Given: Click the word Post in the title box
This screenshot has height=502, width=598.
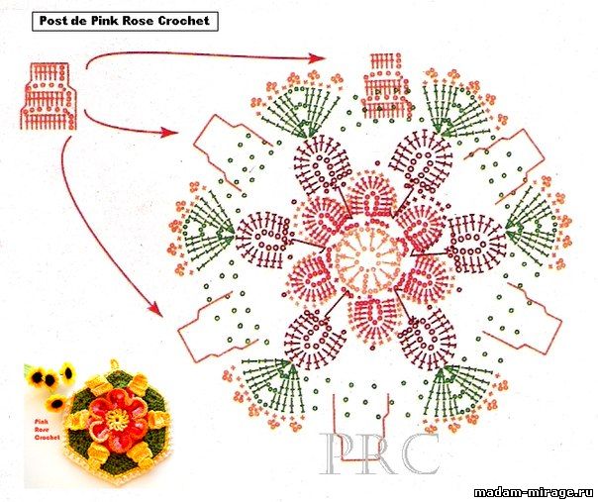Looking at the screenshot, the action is click(x=53, y=20).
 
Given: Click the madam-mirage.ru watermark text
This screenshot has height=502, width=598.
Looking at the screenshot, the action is click(x=535, y=492).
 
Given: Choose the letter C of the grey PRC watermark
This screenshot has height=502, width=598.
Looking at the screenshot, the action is click(x=420, y=453).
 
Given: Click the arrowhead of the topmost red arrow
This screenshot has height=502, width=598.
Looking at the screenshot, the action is click(x=318, y=58).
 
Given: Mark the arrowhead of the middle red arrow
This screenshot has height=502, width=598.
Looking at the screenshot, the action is click(x=170, y=133).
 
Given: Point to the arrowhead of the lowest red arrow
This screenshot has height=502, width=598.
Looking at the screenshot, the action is click(x=156, y=308).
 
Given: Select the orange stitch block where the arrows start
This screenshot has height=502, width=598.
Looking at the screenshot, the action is click(x=49, y=97).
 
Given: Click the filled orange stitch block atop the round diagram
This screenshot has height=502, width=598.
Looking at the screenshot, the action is click(x=386, y=85).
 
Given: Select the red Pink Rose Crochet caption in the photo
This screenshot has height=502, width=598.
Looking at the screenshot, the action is click(x=47, y=430).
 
